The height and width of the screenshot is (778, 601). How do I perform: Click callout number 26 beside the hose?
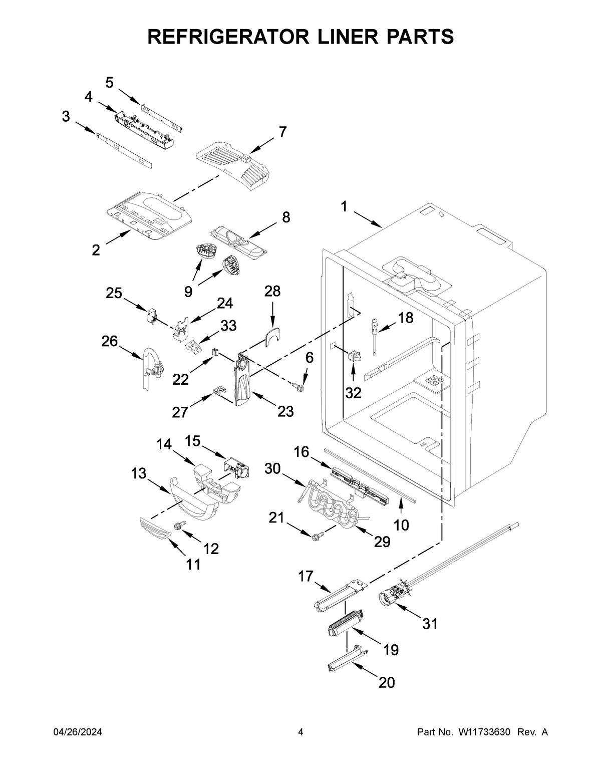[x=109, y=342]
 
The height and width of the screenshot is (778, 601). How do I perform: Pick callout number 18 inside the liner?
[x=406, y=318]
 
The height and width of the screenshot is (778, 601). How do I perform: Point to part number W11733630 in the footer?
[x=484, y=732]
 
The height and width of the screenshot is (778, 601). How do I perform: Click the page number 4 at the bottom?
[x=300, y=732]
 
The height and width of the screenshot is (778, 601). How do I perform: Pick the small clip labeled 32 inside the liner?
[x=353, y=357]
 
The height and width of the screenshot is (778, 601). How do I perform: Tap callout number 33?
[x=228, y=326]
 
